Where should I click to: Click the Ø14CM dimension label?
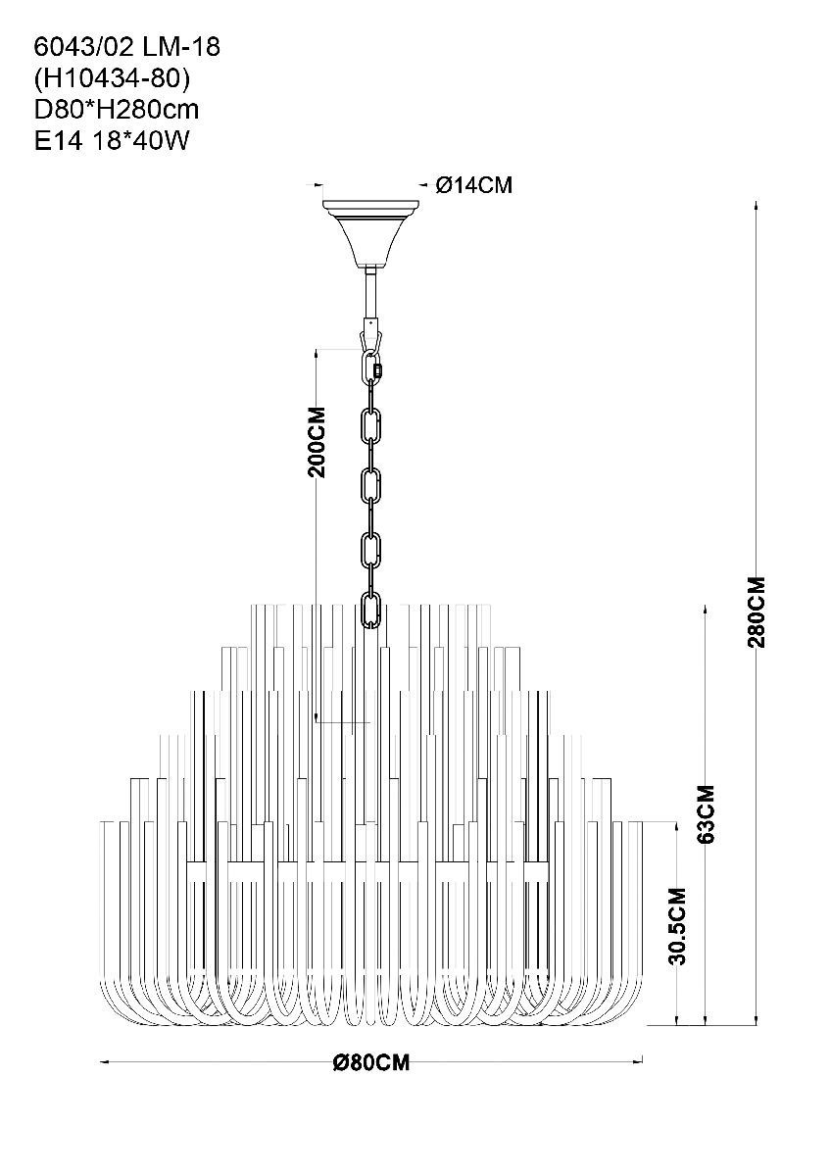[x=473, y=185]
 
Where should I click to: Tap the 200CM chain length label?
[x=317, y=442]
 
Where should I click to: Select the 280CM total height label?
[x=757, y=612]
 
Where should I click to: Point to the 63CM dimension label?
[x=708, y=814]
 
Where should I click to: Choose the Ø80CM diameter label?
[x=371, y=1062]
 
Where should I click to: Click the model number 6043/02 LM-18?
[x=127, y=47]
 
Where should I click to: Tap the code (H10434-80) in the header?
[x=112, y=78]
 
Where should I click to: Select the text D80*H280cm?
[x=117, y=110]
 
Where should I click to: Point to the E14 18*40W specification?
[x=111, y=141]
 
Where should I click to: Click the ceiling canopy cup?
[x=371, y=234]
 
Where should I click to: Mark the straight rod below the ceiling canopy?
[x=371, y=295]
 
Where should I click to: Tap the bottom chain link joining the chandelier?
[x=370, y=609]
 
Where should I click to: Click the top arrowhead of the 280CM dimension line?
[x=756, y=205]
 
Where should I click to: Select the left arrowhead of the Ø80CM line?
[x=105, y=1062]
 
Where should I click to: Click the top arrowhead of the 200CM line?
[x=316, y=354]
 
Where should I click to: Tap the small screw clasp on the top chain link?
[x=377, y=370]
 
